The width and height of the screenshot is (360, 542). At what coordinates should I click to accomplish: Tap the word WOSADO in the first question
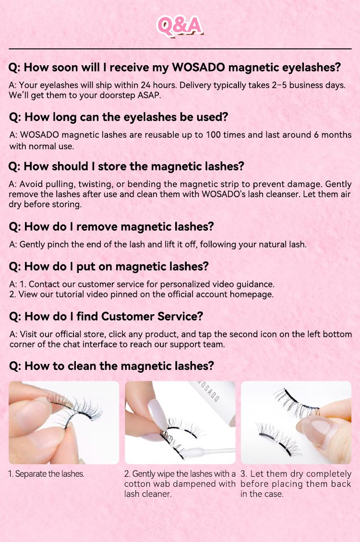click(x=198, y=67)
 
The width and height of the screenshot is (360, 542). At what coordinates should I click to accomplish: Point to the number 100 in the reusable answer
click(x=214, y=135)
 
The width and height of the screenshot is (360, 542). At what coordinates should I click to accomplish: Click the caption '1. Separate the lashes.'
click(x=47, y=474)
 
